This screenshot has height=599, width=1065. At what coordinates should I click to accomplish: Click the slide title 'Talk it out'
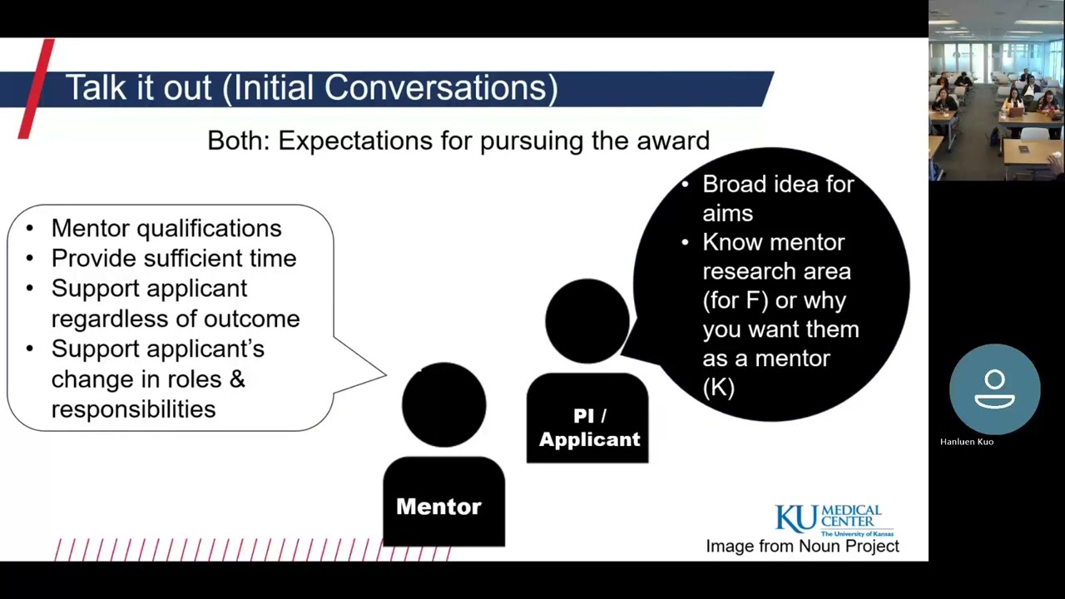(x=138, y=88)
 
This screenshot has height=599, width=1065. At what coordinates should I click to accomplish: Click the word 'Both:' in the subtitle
(x=239, y=141)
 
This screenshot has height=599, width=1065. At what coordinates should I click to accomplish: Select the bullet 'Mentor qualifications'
(x=166, y=228)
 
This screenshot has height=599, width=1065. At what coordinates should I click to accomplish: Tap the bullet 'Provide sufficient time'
(x=173, y=258)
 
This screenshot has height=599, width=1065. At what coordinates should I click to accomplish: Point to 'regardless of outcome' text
(x=175, y=319)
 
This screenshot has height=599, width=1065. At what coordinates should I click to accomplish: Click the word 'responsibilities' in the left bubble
(x=133, y=408)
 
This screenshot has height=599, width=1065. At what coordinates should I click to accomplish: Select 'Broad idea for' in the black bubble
(x=777, y=184)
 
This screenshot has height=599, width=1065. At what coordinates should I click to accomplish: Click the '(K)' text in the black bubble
(x=718, y=387)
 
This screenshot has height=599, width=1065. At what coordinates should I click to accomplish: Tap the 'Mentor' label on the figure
(x=438, y=506)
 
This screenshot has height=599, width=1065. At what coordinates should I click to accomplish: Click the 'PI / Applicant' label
(x=589, y=428)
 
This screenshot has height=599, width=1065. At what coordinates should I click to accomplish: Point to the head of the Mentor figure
(x=443, y=404)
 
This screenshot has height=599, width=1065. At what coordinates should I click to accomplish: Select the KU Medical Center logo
(x=828, y=520)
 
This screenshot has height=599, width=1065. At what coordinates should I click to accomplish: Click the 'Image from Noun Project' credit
(x=802, y=547)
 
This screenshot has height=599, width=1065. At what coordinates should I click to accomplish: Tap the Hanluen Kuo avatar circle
(x=994, y=389)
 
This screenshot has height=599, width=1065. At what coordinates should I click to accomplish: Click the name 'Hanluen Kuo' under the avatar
(x=966, y=442)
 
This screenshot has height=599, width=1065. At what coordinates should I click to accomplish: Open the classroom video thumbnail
(x=996, y=90)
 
